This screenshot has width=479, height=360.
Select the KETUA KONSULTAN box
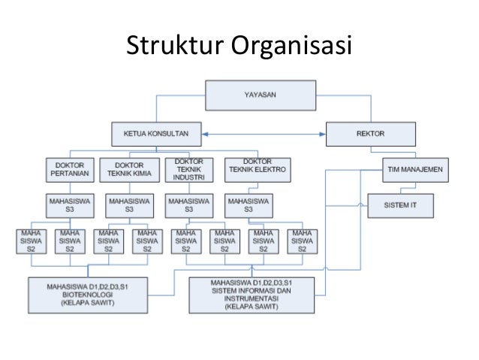point(157,135)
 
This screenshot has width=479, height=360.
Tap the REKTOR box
point(370,134)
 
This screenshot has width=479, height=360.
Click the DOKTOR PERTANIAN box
point(70,170)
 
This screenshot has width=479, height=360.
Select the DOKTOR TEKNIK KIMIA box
point(130,170)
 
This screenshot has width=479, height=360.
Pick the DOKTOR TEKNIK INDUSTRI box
point(189,169)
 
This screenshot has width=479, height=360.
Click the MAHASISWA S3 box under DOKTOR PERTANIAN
point(70,206)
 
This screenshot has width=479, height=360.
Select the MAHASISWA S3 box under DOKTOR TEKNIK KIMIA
point(130,206)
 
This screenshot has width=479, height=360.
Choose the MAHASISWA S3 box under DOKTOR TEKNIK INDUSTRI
point(189,206)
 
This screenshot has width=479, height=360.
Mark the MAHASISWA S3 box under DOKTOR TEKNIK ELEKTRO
point(249,206)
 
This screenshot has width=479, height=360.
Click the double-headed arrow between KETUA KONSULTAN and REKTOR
point(264,135)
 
